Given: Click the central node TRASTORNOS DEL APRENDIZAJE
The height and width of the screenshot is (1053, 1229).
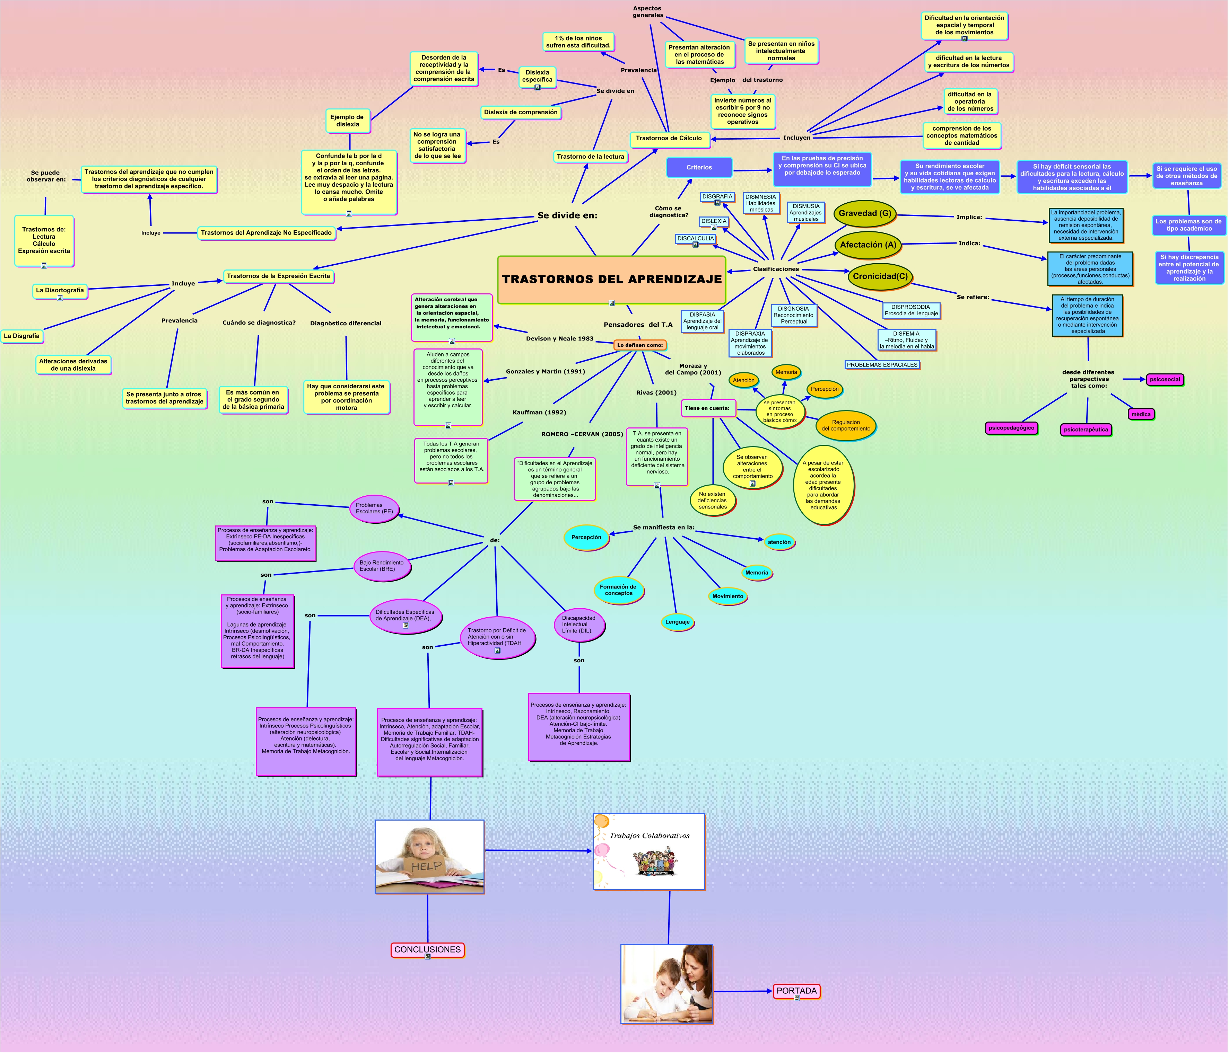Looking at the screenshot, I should click(611, 279).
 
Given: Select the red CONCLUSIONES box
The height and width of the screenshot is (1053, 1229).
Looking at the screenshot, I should click(427, 949).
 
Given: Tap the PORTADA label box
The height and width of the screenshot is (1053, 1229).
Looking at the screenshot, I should click(796, 990).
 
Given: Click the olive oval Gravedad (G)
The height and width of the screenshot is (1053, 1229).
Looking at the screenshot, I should click(864, 213).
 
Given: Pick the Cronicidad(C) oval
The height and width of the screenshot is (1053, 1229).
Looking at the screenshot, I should click(880, 276).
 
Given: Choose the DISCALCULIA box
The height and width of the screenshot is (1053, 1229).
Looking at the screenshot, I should click(695, 238).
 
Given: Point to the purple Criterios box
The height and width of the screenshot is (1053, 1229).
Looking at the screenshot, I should click(699, 167).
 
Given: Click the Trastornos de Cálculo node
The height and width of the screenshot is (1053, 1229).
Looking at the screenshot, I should click(669, 138).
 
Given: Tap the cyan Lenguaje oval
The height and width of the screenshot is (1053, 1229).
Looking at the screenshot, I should click(677, 622).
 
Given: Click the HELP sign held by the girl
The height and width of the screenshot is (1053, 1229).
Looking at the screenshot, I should click(427, 866).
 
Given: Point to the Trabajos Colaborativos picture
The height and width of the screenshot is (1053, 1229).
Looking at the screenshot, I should click(649, 851).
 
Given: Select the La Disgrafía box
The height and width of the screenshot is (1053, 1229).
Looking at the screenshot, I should click(21, 336).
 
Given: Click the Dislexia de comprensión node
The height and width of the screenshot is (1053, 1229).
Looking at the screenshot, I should click(521, 112).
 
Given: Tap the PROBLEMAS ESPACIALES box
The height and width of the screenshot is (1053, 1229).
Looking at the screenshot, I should click(882, 365).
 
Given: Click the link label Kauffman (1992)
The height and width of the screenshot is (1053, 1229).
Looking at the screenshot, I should click(539, 412).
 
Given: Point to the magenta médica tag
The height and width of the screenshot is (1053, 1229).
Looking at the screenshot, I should click(1140, 414).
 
